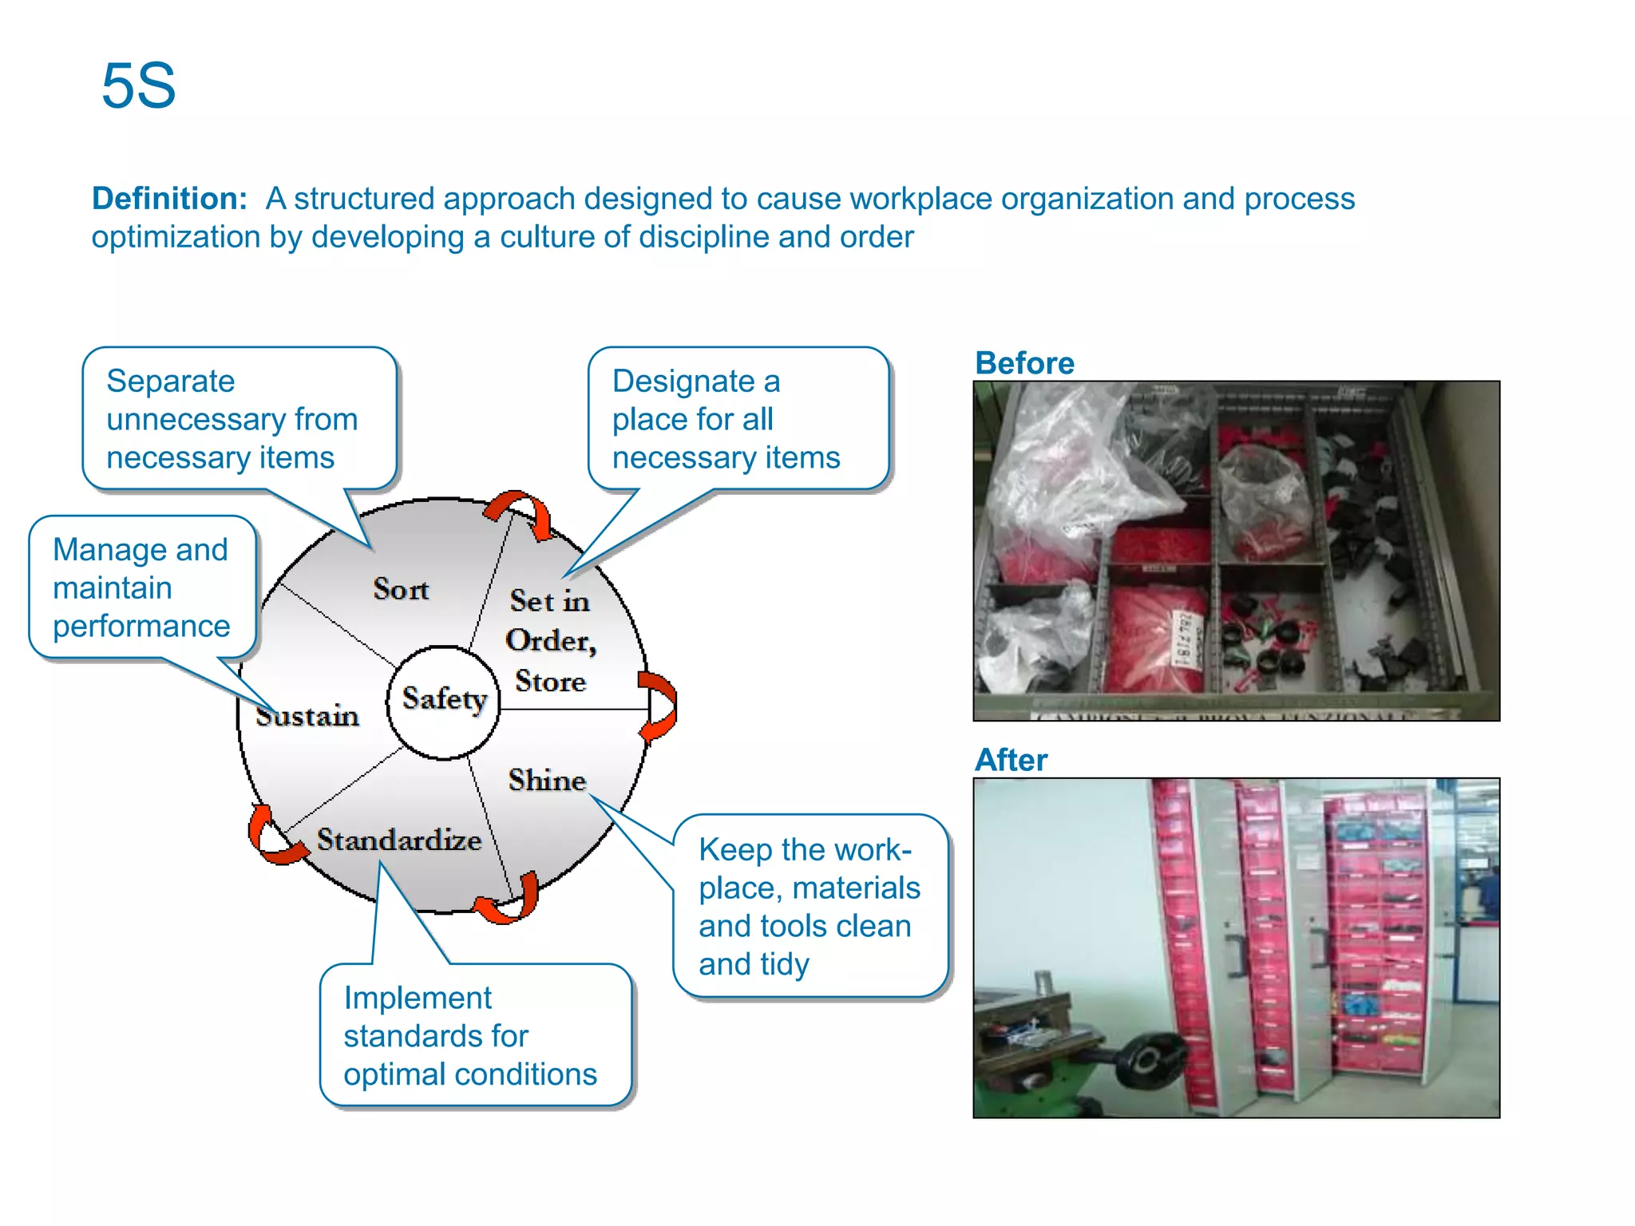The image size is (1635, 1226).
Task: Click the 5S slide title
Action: point(138,86)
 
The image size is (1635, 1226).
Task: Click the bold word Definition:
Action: point(169,199)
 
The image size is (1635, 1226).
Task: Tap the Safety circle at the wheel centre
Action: point(444,700)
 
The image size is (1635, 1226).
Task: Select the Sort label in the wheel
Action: point(401,590)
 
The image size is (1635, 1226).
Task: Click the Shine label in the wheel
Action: point(547,781)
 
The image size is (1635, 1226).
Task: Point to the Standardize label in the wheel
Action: point(399,840)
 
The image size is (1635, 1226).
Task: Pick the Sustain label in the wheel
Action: point(307,716)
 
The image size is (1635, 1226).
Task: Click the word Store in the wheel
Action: point(550,682)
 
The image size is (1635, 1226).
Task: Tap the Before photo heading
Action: point(1024,363)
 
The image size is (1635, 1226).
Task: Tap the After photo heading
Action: point(1011,760)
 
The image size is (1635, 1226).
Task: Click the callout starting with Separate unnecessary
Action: point(240,419)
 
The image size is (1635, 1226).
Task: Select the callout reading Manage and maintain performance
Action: point(142,588)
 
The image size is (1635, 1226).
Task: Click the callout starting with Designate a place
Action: point(738,419)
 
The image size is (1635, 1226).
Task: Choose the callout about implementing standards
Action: point(475,1035)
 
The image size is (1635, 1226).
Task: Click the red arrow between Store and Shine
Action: point(659,706)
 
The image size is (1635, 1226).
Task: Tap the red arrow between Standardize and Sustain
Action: point(272,838)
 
